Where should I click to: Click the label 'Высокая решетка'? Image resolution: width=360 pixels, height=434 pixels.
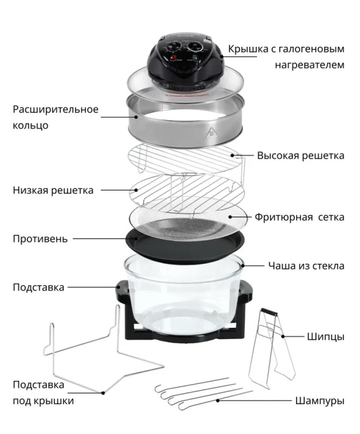301,156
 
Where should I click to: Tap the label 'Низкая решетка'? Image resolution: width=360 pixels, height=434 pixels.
53,190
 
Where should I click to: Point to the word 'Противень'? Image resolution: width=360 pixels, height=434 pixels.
40,239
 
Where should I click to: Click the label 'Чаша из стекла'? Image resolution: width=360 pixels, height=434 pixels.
306,266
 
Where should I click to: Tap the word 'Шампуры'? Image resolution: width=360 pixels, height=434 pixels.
320,401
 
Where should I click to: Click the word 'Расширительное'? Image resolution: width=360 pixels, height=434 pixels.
56,109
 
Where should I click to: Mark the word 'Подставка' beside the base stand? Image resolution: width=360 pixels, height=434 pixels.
38,287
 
